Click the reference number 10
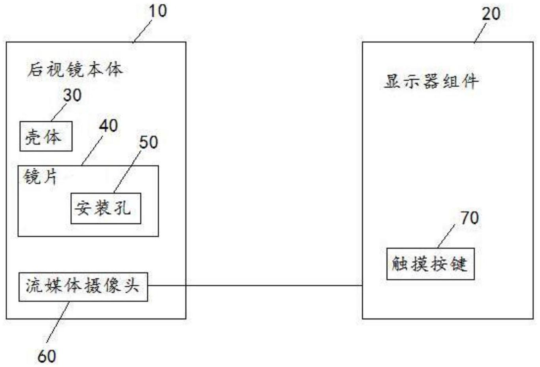(x=158, y=11)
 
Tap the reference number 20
(x=491, y=14)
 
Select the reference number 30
(x=72, y=95)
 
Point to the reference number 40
(x=108, y=125)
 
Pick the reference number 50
(x=149, y=142)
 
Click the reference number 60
(x=47, y=356)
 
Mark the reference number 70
(x=470, y=218)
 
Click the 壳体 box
(x=46, y=136)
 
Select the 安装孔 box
(x=105, y=208)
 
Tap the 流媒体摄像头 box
(x=83, y=286)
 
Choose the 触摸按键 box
(x=430, y=264)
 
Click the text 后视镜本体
(x=75, y=70)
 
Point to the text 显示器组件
(x=431, y=82)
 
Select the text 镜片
(x=40, y=176)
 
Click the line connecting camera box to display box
(x=255, y=286)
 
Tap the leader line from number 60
(x=58, y=322)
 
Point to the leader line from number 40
(x=92, y=151)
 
